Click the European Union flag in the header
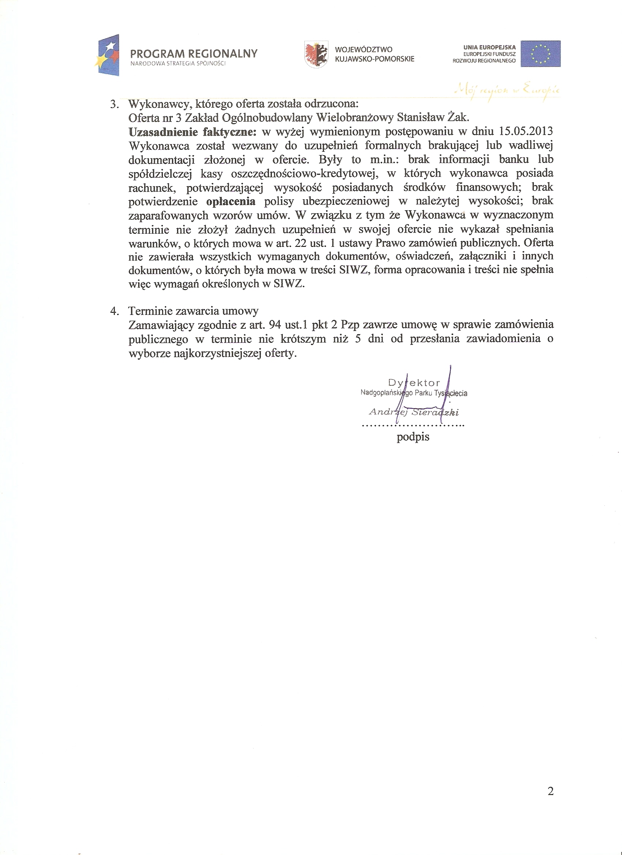click(540, 53)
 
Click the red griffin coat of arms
click(316, 54)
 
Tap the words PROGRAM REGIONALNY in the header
click(194, 53)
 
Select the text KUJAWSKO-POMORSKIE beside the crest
click(374, 59)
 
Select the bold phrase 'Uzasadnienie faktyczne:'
click(192, 132)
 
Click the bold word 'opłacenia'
click(231, 201)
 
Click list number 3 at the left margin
click(114, 105)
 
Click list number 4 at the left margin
click(114, 311)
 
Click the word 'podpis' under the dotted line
click(413, 437)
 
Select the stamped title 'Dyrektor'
click(414, 383)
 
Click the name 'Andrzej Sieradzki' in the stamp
click(413, 412)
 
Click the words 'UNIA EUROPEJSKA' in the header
click(489, 48)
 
